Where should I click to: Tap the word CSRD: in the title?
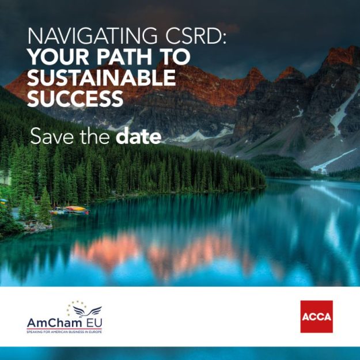click(196, 36)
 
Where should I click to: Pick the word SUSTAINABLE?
click(101, 78)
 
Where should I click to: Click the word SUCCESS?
click(75, 98)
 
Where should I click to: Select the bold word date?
click(138, 136)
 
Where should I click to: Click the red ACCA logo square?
click(317, 317)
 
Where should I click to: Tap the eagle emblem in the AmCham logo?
click(87, 312)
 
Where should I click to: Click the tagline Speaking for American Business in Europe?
click(65, 332)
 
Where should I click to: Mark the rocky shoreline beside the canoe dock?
click(38, 227)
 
